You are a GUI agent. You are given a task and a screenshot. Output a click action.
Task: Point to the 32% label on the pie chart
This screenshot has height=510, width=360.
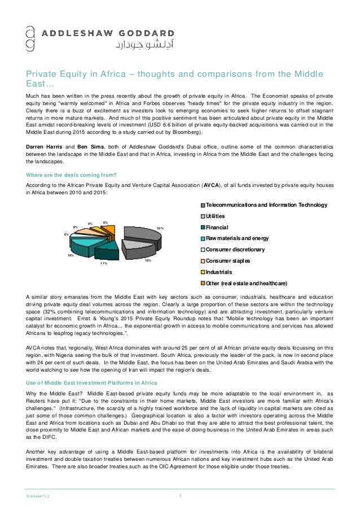(160, 228)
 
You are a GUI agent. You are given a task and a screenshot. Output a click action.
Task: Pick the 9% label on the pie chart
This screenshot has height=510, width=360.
(75, 227)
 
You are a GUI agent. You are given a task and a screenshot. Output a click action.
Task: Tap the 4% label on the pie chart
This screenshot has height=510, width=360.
(90, 224)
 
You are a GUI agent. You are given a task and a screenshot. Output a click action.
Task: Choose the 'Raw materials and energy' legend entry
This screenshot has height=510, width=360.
(237, 238)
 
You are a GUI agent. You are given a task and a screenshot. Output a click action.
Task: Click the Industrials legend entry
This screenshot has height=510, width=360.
(219, 272)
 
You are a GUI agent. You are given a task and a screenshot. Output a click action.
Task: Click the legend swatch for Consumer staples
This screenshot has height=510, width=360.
(202, 261)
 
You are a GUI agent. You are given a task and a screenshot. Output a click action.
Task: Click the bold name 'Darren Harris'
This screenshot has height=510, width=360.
(45, 146)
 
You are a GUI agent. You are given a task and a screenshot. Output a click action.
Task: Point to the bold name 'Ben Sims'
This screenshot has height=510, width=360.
(87, 146)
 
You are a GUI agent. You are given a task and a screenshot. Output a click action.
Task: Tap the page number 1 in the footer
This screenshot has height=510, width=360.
(180, 496)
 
